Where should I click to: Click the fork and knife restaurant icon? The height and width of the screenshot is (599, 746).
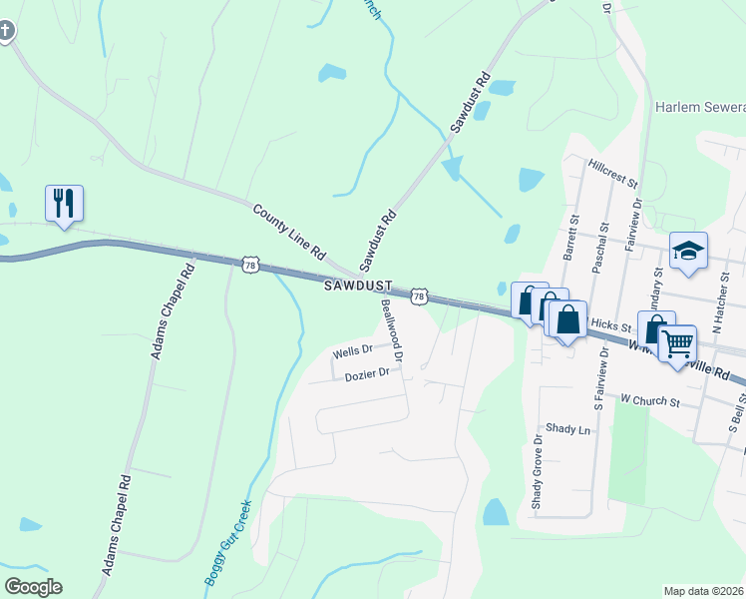click(64, 203)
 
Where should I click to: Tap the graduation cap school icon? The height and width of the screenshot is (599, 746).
click(687, 251)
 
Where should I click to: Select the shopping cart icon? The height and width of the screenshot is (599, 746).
click(677, 342)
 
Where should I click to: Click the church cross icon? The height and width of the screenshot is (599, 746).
click(6, 30)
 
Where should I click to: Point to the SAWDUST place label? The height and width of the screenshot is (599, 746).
click(358, 287)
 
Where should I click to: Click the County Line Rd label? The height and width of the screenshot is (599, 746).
click(289, 232)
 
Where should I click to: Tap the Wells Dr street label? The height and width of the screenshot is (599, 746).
click(352, 351)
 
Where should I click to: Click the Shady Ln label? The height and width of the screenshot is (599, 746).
click(569, 429)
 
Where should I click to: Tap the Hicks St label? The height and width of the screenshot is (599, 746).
click(611, 325)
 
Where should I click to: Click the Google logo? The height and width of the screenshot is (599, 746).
click(34, 586)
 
